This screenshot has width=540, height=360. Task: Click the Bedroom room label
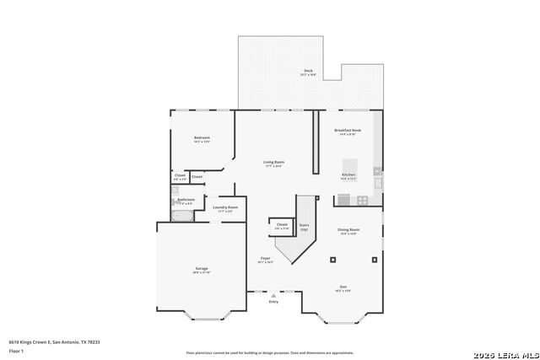point(202,137)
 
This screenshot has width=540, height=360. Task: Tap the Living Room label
point(273,162)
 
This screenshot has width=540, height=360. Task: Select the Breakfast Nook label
point(348,131)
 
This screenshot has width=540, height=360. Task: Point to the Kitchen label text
point(348,175)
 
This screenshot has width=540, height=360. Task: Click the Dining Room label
point(348,229)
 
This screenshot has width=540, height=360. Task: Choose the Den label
point(343,286)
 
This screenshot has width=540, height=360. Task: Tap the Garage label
point(202,269)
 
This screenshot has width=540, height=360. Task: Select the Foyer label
point(265,258)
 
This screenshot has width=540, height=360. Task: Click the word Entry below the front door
point(273,301)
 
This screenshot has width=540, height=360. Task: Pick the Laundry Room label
point(224,207)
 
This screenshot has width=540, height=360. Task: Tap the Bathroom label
point(186,200)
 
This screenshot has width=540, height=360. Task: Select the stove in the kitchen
point(362,200)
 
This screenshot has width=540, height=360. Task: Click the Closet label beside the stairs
point(281,224)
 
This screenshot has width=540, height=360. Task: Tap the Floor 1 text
point(16,350)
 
